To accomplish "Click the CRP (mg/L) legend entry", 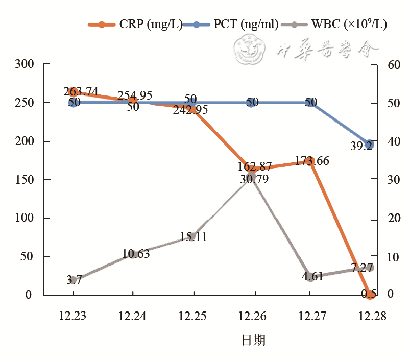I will tap(135, 23).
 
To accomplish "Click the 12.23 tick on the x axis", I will tap(73, 316).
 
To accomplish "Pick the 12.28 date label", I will tap(372, 316).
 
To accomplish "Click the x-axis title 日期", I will tap(253, 340).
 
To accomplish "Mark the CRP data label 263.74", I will tap(81, 91).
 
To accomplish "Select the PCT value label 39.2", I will tap(361, 147).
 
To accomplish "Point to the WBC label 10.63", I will tap(136, 254).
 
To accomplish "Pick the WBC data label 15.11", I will tap(193, 237).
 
